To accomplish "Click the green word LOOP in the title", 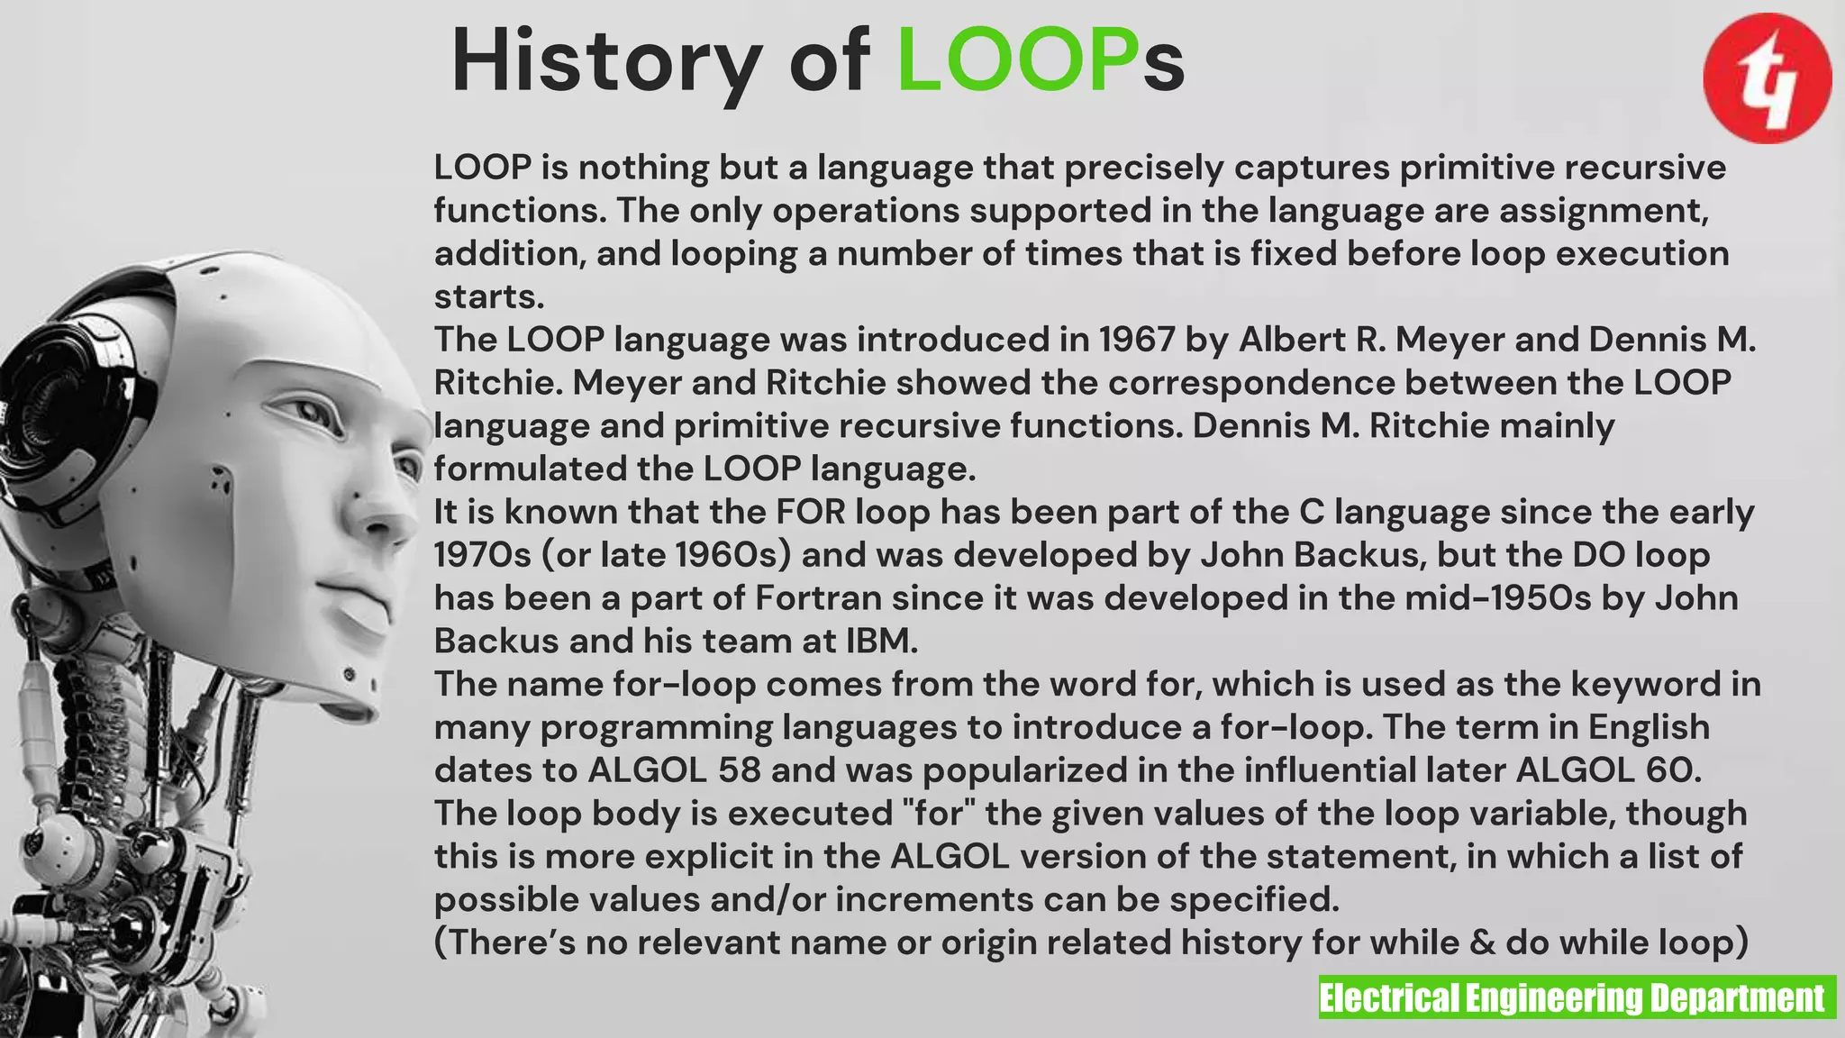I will click(1019, 61).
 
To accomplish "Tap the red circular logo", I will click(1767, 78).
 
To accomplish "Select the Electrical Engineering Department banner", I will click(1577, 997).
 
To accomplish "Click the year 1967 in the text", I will click(1137, 340).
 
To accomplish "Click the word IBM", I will click(881, 641).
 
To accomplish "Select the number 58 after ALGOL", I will click(740, 770).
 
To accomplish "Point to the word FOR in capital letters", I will click(811, 512).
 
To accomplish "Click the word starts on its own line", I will click(489, 296).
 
